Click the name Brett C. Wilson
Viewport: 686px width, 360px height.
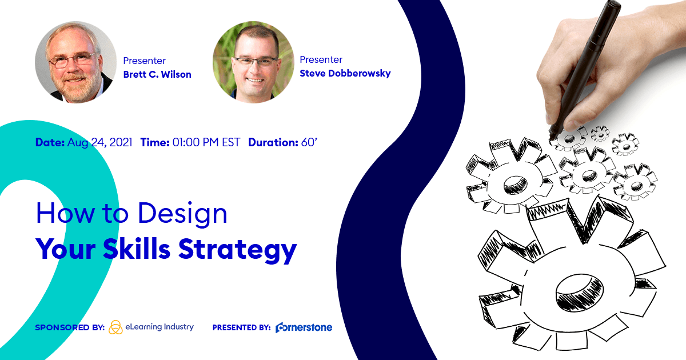pos(157,74)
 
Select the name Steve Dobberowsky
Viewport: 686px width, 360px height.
pos(345,73)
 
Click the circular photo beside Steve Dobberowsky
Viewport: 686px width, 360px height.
pos(253,62)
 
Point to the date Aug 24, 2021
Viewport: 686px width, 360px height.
pos(100,142)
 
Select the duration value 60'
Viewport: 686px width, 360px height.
pos(309,142)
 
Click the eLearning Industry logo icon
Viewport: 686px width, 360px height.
pos(115,327)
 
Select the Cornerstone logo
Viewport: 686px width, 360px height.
pos(304,327)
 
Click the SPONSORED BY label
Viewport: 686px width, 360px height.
pos(69,328)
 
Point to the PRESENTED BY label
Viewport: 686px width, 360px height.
pos(241,328)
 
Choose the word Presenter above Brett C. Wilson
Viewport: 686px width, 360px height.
pos(145,61)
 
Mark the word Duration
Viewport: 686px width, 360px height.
pos(273,142)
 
